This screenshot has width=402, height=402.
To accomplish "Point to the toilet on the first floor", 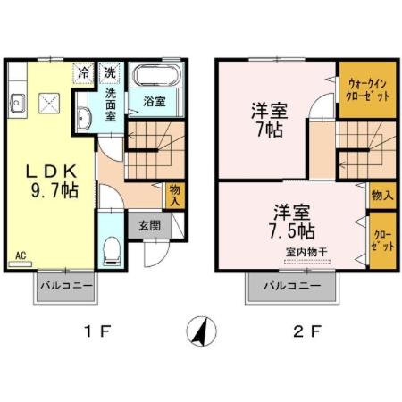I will click(x=111, y=252).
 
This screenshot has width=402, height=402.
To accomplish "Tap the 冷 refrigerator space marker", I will click(x=84, y=71).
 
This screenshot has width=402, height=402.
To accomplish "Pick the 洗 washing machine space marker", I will click(x=109, y=71).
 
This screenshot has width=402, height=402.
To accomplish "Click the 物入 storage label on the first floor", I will click(x=175, y=194).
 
